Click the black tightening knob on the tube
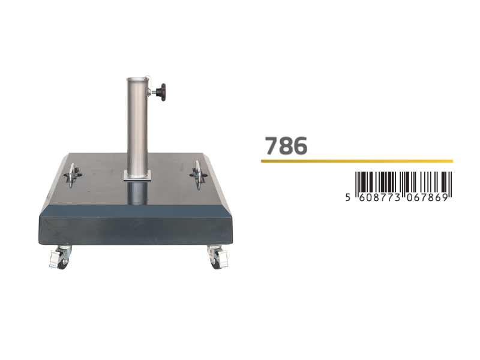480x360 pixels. pyautogui.click(x=161, y=92)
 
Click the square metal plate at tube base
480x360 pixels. pyautogui.click(x=137, y=176)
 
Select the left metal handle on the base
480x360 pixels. pyautogui.click(x=72, y=175)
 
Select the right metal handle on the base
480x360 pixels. pyautogui.click(x=199, y=175)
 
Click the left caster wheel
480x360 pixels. pyautogui.click(x=61, y=257)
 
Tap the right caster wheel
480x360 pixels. pyautogui.click(x=218, y=257)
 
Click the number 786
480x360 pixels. pyautogui.click(x=286, y=146)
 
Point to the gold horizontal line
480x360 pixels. pyautogui.click(x=356, y=161)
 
